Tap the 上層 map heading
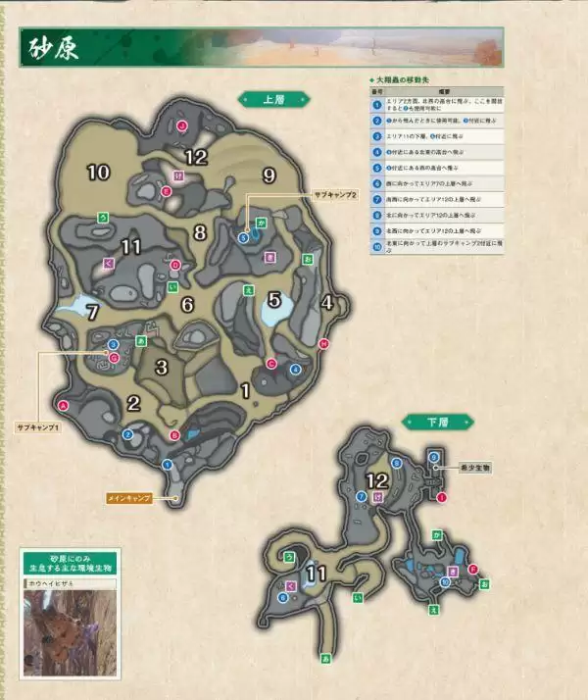(x=274, y=98)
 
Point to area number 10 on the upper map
(x=98, y=173)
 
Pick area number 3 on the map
(x=164, y=367)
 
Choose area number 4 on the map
(x=328, y=302)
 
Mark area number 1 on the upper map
(x=246, y=391)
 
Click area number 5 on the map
(x=275, y=300)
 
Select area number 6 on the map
(x=187, y=304)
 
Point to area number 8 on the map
(x=200, y=232)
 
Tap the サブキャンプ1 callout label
(x=38, y=428)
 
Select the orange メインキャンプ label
(x=129, y=499)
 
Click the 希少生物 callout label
(x=474, y=468)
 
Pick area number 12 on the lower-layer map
(x=377, y=480)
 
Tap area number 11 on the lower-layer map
(x=316, y=574)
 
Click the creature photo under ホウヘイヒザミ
(x=70, y=632)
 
